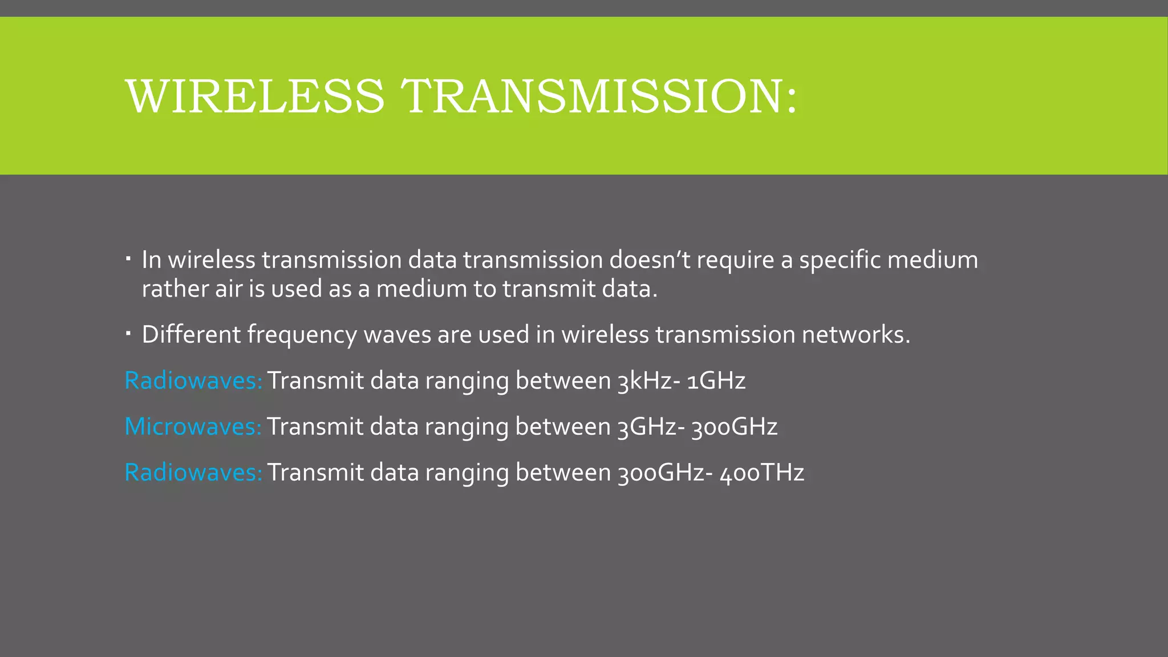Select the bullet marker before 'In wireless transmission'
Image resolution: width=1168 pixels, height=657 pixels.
[129, 260]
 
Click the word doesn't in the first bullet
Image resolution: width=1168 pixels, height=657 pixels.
[650, 260]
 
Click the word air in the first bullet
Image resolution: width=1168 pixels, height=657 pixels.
[229, 289]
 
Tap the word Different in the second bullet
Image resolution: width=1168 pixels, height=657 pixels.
[191, 334]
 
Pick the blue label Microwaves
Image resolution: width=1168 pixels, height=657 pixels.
[193, 427]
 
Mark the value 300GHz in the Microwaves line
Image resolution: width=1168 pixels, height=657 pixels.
[734, 427]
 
